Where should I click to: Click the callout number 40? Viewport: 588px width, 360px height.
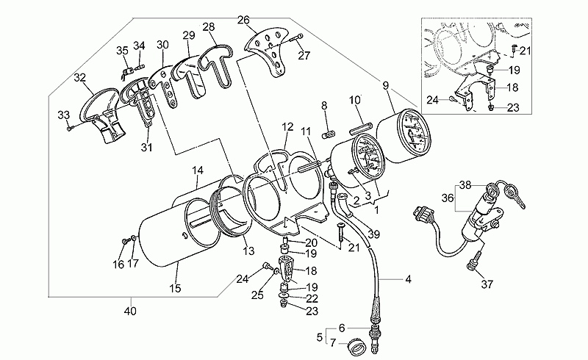(x=131, y=311)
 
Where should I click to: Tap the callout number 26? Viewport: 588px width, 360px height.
(x=243, y=20)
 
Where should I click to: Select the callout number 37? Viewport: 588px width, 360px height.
(x=487, y=284)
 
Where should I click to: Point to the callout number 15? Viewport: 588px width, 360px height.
(x=175, y=289)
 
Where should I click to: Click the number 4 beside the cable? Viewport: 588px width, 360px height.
(x=409, y=279)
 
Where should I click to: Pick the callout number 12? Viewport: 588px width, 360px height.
(x=287, y=127)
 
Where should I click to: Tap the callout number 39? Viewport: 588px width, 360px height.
(x=373, y=234)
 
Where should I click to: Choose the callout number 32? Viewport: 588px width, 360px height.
(x=80, y=78)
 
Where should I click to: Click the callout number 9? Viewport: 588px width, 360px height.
(x=386, y=85)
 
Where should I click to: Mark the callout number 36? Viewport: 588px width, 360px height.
(x=448, y=198)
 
